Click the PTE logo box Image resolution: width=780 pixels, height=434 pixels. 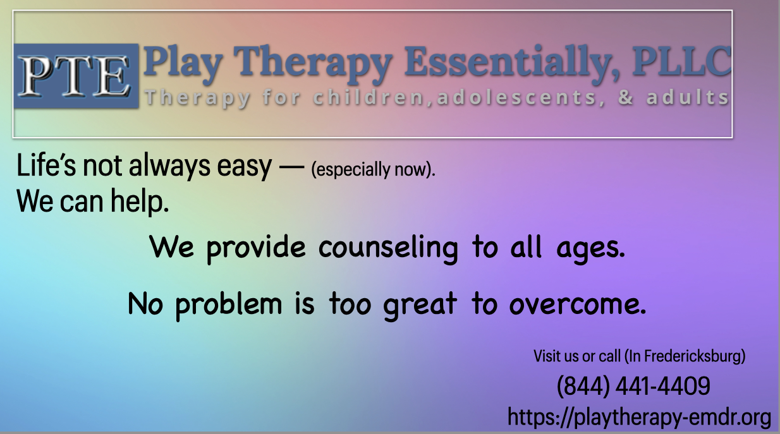coord(76,76)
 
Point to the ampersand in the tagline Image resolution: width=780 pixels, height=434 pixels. coord(626,99)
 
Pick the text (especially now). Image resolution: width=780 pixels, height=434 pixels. coord(374,170)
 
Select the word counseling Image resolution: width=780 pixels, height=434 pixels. coord(388,248)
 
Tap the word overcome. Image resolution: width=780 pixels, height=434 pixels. coord(578,305)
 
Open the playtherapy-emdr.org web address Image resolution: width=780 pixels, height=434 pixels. coord(639,417)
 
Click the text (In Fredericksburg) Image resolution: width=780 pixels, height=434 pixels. coord(685,356)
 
